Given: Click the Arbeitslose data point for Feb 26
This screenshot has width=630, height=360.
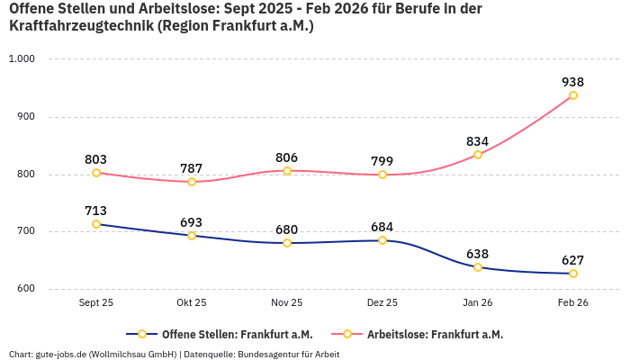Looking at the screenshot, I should tap(573, 95).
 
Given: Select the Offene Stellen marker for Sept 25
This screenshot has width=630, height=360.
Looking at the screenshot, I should tap(96, 224).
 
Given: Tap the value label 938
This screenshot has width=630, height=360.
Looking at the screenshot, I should tap(573, 82).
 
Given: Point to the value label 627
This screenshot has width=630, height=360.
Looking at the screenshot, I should tap(573, 260).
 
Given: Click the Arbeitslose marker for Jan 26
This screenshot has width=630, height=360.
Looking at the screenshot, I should tap(478, 155).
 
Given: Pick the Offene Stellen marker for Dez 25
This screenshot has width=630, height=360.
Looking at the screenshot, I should tap(382, 240).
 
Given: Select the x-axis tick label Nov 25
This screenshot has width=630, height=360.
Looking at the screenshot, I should tap(287, 303).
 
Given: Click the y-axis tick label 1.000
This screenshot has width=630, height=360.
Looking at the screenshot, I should tap(21, 59).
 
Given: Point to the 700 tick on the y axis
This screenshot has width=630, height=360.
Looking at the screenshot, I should tap(24, 231).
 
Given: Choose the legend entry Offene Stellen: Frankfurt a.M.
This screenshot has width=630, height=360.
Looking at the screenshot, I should tap(224, 334).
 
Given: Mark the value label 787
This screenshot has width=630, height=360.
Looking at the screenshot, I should tap(192, 168).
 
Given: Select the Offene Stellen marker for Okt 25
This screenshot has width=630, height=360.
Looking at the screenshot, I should tap(192, 236).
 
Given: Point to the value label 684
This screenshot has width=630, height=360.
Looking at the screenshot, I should tap(382, 227).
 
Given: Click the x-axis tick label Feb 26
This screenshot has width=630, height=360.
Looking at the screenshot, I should tap(573, 303).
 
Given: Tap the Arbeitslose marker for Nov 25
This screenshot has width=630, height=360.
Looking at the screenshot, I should tap(287, 171).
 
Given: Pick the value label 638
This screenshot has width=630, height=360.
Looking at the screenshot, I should tap(478, 254).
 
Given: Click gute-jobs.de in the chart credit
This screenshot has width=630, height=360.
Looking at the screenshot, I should tap(61, 355).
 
